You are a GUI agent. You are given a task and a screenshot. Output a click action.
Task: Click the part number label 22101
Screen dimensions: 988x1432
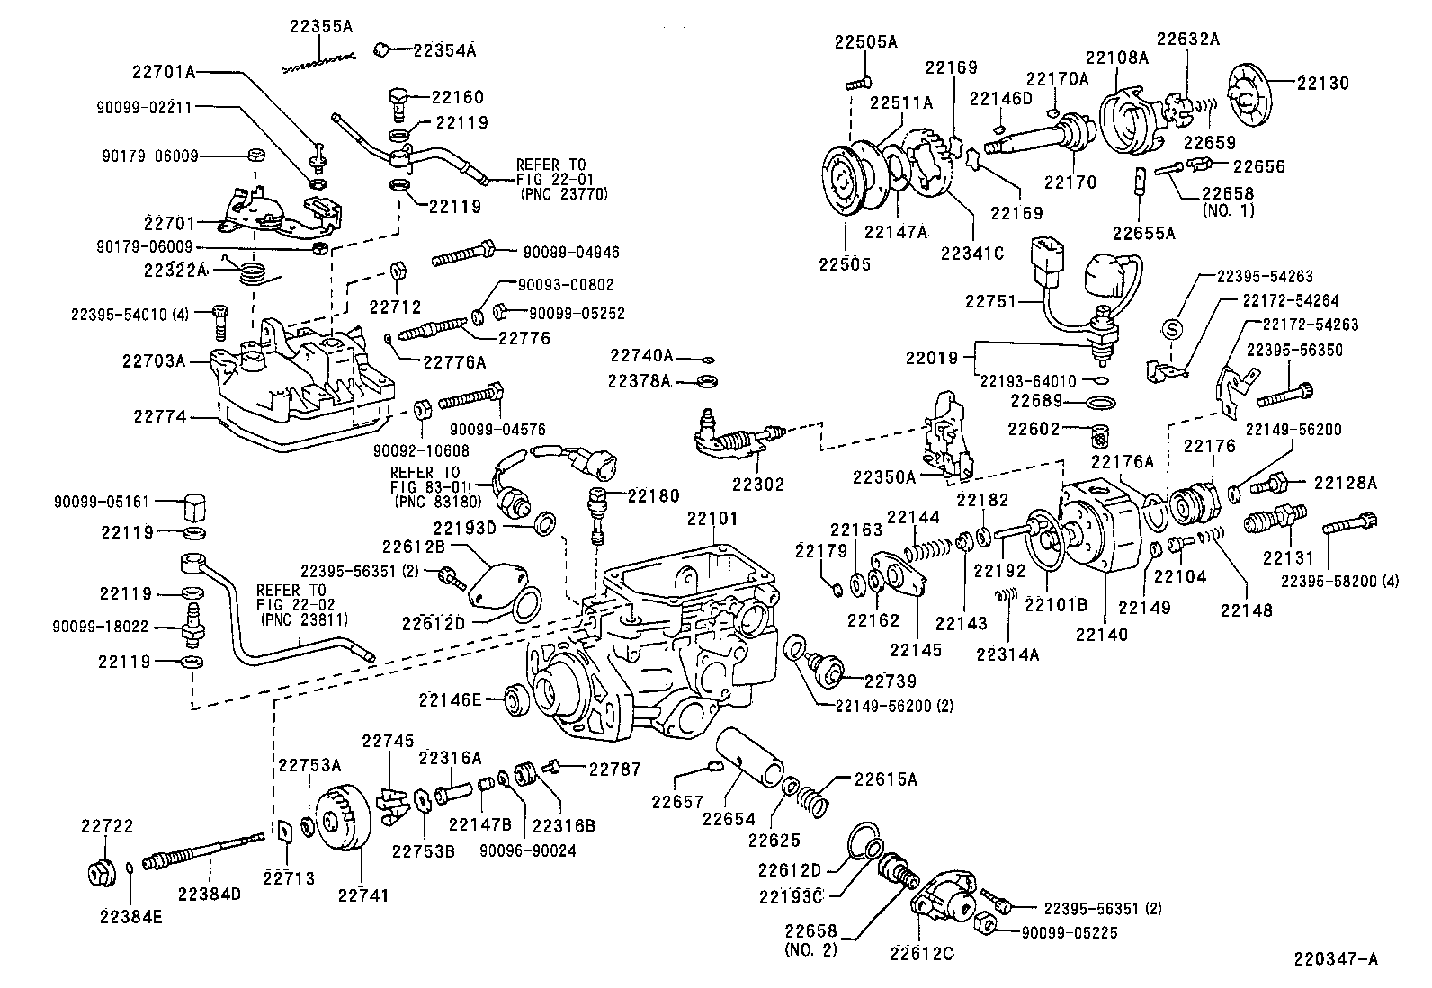click(712, 519)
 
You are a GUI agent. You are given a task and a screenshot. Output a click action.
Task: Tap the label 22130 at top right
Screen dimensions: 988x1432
click(1322, 83)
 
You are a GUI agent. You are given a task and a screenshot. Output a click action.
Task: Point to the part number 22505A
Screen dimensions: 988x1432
click(866, 41)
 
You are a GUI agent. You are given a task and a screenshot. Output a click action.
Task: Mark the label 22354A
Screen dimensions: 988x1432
click(444, 50)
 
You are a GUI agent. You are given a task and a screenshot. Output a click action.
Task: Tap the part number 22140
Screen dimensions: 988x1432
click(1102, 634)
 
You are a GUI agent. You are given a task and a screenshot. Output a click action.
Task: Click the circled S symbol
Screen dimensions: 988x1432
click(1173, 328)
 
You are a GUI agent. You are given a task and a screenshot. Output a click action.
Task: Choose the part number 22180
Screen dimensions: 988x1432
click(654, 495)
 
